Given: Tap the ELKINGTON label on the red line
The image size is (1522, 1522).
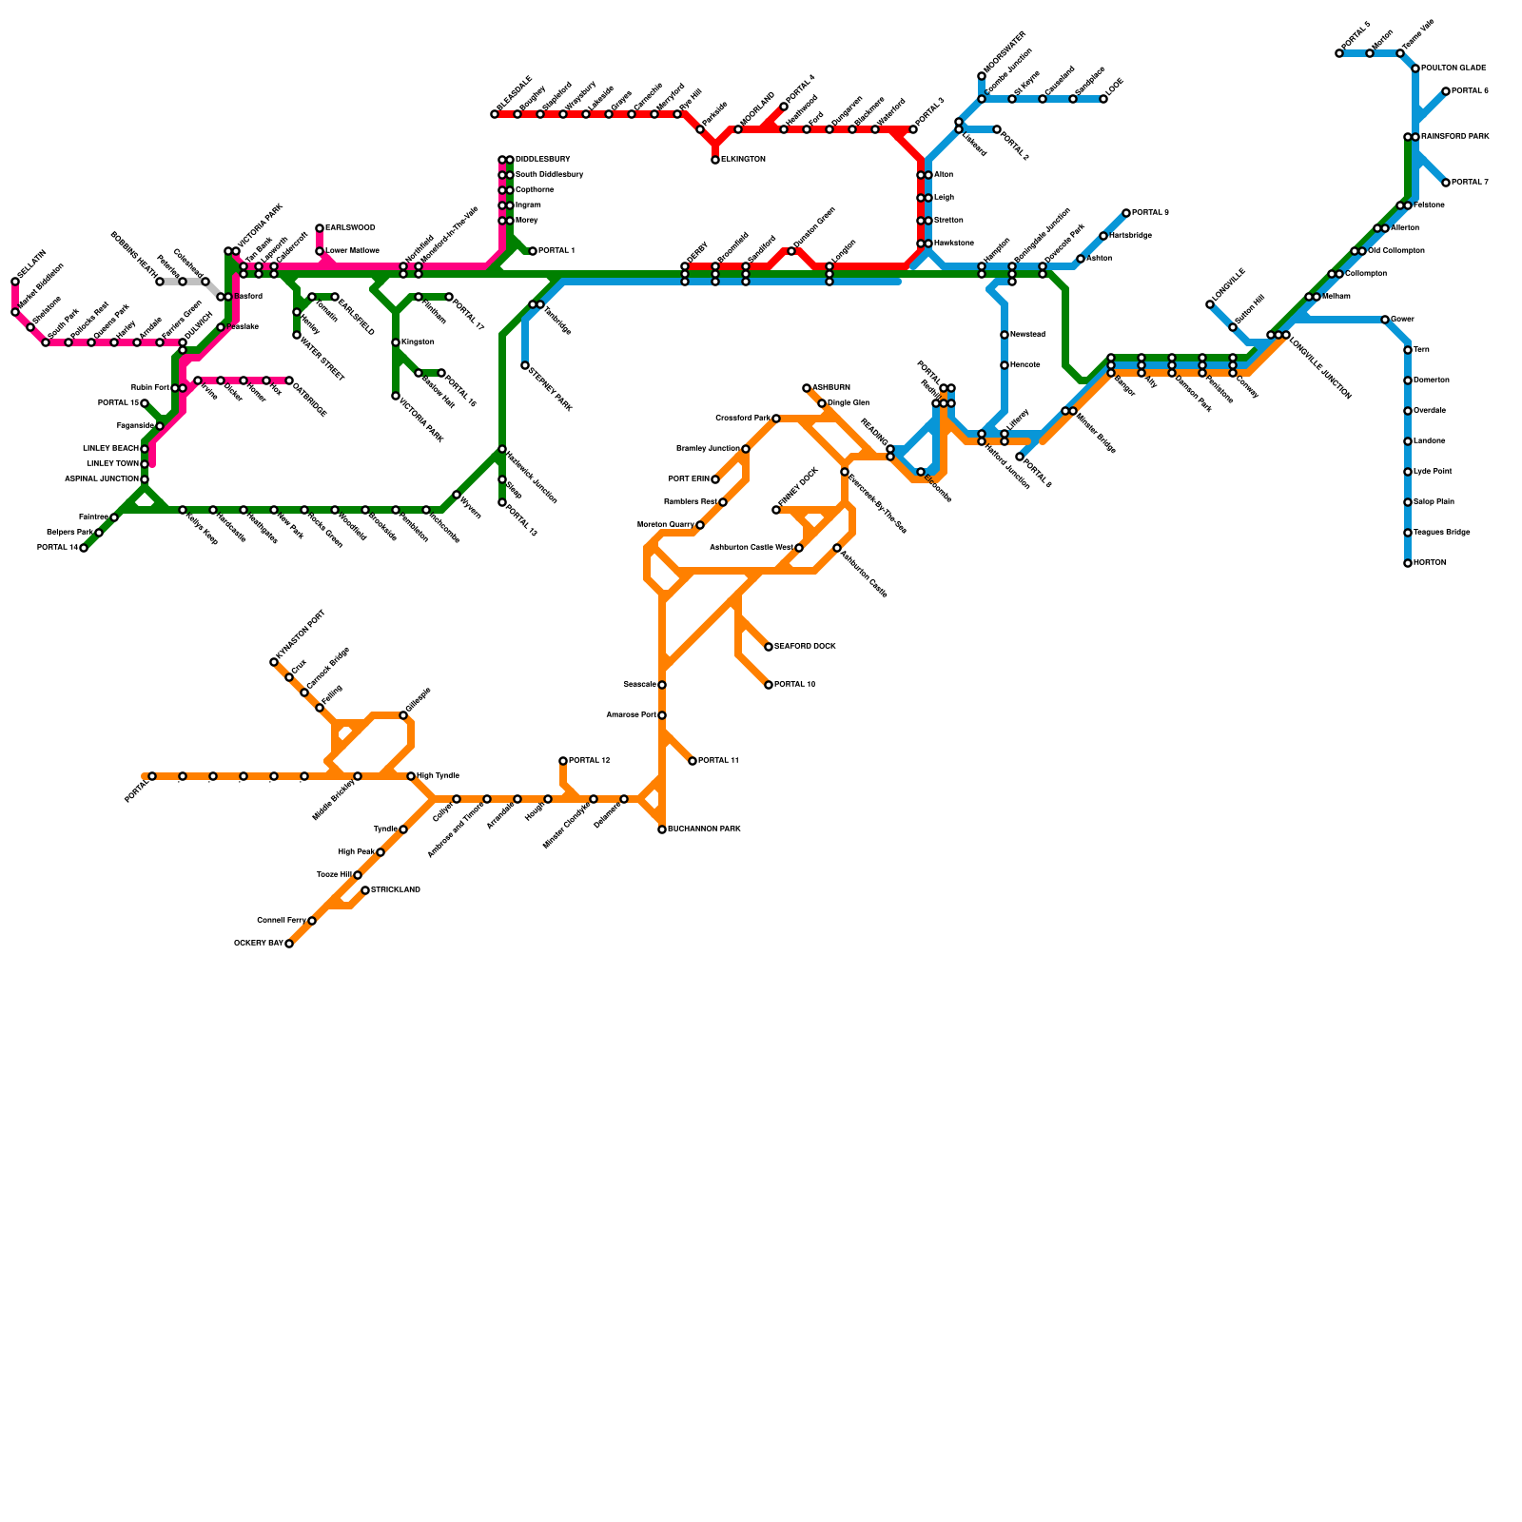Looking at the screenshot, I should [743, 160].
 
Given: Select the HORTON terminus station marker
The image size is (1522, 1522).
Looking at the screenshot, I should [1408, 563].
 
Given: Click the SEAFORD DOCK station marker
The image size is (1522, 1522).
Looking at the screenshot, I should [769, 647].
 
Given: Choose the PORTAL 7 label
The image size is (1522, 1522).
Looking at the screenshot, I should [1470, 183].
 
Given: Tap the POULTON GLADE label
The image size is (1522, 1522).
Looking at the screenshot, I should [1454, 68].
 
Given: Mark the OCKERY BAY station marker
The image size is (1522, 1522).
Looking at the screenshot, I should [289, 944].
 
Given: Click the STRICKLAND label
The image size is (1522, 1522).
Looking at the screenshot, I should [396, 890].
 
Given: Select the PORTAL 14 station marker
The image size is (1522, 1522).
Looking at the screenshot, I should [84, 548].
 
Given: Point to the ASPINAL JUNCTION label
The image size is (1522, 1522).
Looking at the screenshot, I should [101, 479].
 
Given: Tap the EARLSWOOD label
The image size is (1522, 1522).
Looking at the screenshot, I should [350, 228].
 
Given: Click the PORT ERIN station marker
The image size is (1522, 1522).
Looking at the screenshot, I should [715, 479].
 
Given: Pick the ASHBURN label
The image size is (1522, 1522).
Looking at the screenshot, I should [831, 388].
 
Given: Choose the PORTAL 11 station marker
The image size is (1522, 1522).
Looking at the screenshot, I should [693, 761].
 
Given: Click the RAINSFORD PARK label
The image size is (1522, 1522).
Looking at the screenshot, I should [1454, 137].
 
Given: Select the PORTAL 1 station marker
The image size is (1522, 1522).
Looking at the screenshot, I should [533, 251].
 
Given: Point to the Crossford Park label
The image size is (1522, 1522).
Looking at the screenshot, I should [742, 419].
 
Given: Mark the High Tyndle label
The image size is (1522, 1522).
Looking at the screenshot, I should [439, 776].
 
